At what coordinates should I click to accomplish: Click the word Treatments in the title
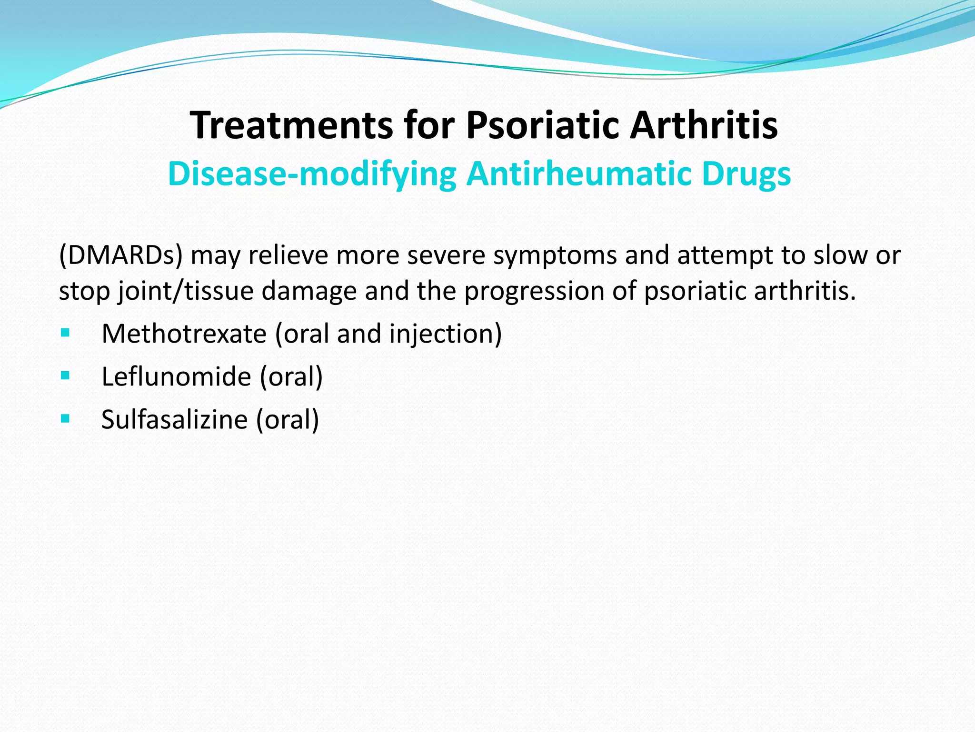pos(291,125)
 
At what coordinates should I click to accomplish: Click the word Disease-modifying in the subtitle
pos(312,174)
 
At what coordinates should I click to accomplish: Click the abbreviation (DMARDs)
pos(121,255)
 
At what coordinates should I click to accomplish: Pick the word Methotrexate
pos(184,334)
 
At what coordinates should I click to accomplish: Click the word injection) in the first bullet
pos(445,334)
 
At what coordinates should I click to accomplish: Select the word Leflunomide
pos(176,376)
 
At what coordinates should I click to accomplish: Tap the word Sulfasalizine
pos(174,419)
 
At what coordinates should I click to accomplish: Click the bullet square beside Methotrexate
pos(65,333)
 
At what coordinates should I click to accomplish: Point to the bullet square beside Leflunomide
pos(65,376)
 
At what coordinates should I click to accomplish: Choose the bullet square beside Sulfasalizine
pos(65,418)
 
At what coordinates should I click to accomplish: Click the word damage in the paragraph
pos(309,291)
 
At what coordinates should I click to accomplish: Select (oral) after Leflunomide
pos(291,376)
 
